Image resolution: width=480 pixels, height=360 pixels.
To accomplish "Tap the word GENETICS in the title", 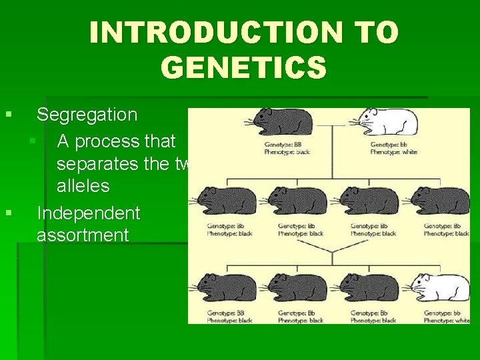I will (x=244, y=67).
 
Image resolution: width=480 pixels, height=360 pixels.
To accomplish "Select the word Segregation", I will (x=87, y=115).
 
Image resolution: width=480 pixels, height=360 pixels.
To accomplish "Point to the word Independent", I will (x=88, y=213).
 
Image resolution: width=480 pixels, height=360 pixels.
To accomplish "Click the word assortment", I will (x=82, y=235).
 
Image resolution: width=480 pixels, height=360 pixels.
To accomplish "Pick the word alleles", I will (x=83, y=185).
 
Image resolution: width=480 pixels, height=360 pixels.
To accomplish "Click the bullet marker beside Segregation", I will (x=9, y=115).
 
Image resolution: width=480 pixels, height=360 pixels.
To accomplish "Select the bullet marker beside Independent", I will (x=9, y=213).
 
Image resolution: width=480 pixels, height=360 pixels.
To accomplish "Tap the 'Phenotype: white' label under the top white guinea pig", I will (x=393, y=151).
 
